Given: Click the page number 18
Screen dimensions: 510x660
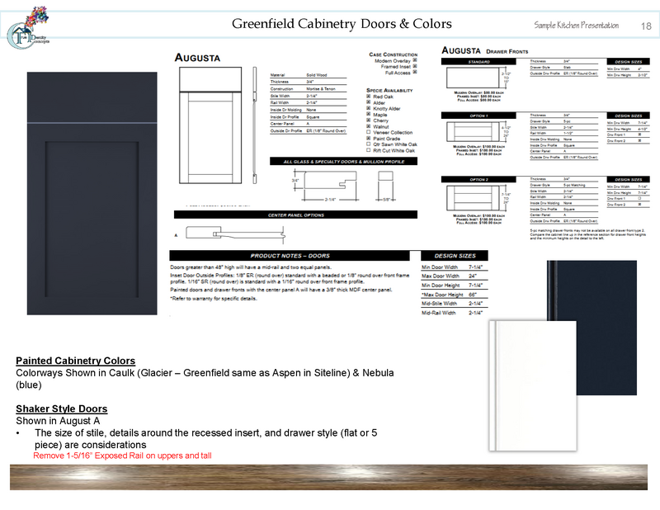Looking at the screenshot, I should (645, 26).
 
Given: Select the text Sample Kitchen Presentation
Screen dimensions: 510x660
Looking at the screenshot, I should (576, 26).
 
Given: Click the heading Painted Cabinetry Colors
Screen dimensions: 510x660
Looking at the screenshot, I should (75, 361).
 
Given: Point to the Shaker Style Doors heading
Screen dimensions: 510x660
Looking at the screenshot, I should (61, 409).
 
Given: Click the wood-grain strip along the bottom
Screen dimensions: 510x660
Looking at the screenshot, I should (330, 478).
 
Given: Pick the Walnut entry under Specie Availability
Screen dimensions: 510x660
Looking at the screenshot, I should (380, 126).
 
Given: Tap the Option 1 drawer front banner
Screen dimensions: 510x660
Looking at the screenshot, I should (479, 116).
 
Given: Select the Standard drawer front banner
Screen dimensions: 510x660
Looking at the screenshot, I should (479, 61).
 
